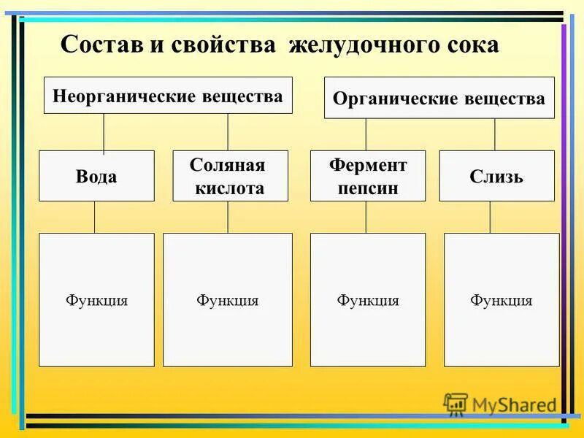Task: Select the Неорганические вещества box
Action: click(168, 96)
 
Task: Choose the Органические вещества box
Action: click(439, 98)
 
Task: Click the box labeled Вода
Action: click(96, 176)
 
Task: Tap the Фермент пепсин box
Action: click(367, 176)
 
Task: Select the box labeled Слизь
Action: click(496, 176)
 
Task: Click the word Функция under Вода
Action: click(96, 300)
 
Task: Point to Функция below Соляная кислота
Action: click(227, 300)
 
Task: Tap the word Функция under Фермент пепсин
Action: click(367, 300)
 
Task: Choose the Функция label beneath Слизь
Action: click(501, 300)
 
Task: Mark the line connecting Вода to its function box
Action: click(94, 217)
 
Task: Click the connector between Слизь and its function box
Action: click(490, 217)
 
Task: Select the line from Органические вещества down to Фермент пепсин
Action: click(366, 134)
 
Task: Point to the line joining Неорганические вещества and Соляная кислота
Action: click(228, 132)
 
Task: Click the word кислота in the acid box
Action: click(230, 188)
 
